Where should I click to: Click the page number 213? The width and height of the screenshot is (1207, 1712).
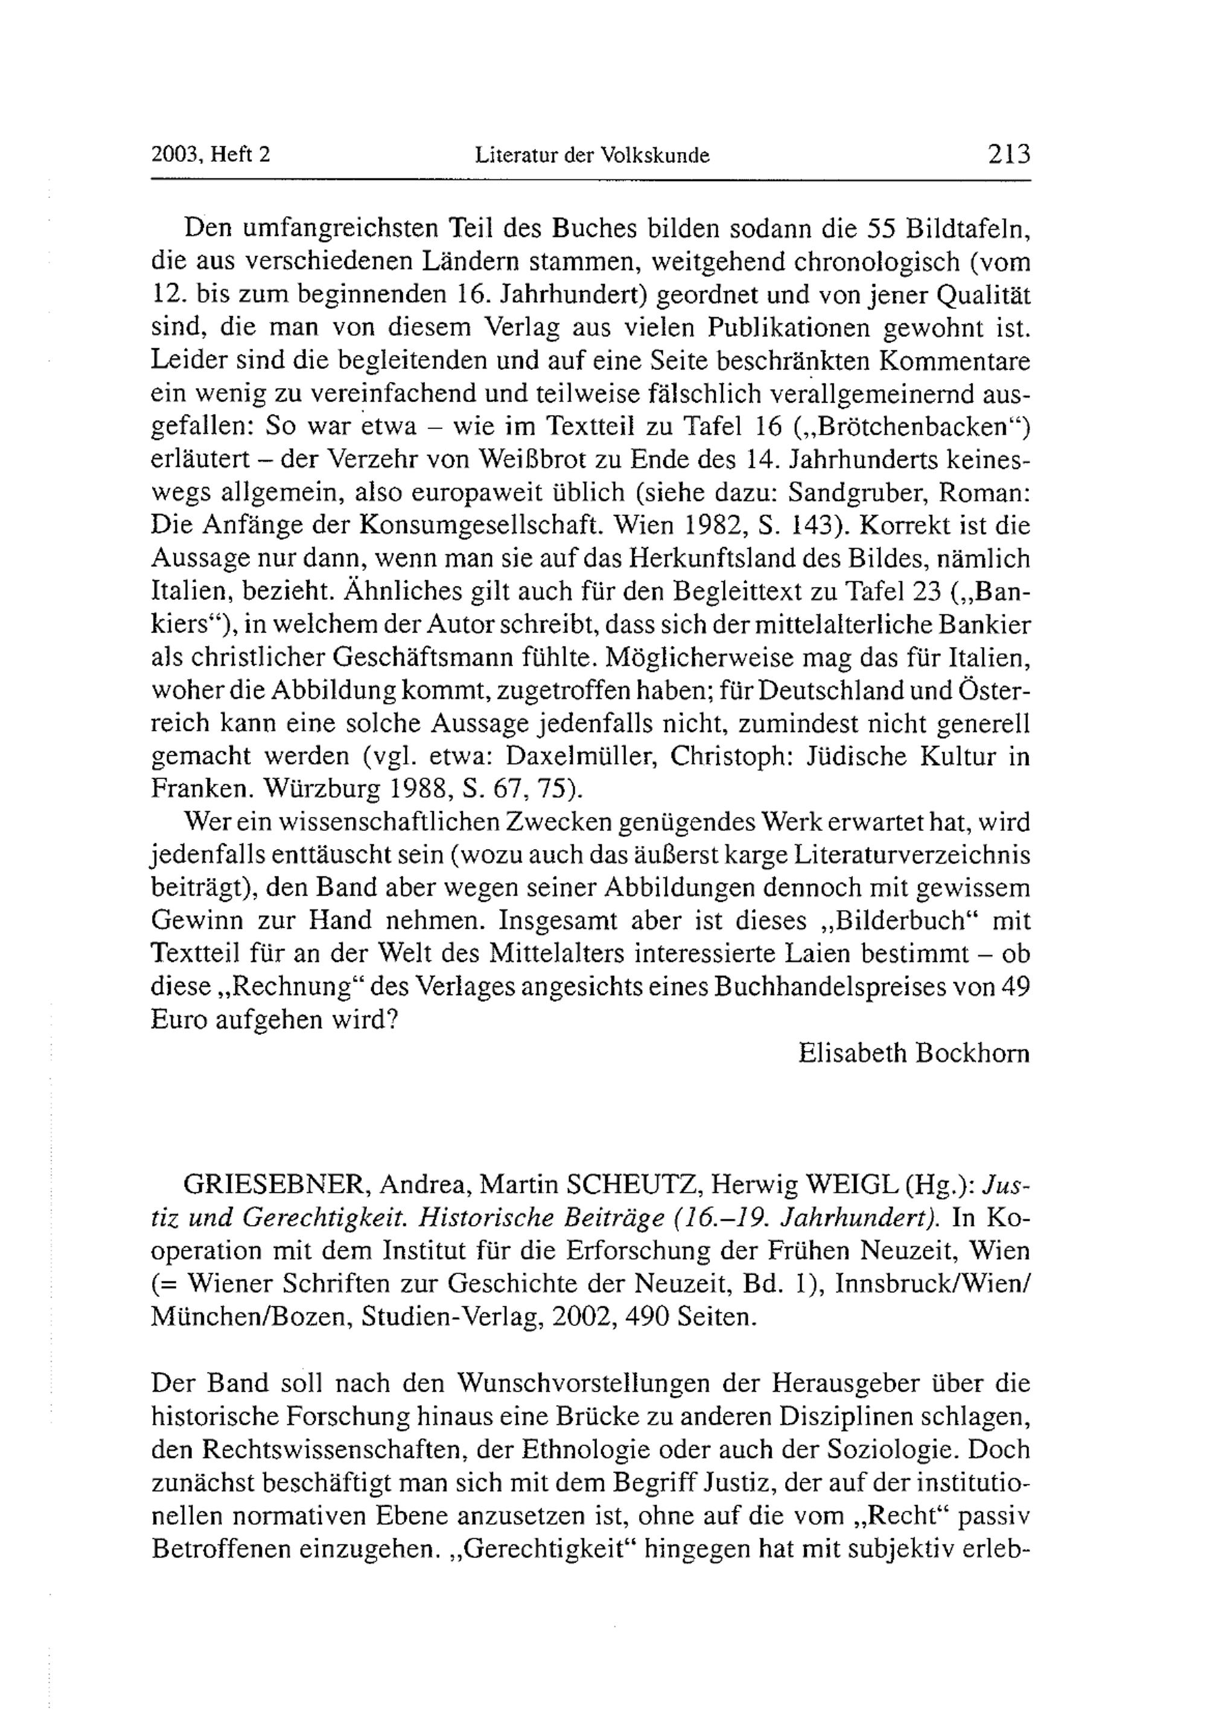point(1008,154)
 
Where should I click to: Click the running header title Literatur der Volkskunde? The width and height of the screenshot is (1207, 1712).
point(592,155)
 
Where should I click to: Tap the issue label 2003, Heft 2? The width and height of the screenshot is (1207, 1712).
point(210,154)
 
